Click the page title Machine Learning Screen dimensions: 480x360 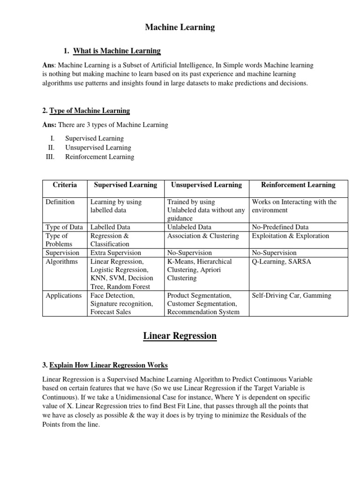180,27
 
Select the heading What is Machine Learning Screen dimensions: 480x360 117,51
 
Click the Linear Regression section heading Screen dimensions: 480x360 180,336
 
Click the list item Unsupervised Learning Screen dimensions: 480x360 98,148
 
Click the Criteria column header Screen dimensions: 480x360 65,185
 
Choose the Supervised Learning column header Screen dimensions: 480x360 125,185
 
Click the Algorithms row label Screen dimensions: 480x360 61,261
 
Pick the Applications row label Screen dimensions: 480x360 63,295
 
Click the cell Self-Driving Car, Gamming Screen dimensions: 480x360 291,295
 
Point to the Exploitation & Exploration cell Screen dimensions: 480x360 290,236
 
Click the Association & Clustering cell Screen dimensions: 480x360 202,236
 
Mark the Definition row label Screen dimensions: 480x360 60,202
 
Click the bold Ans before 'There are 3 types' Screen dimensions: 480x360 49,125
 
